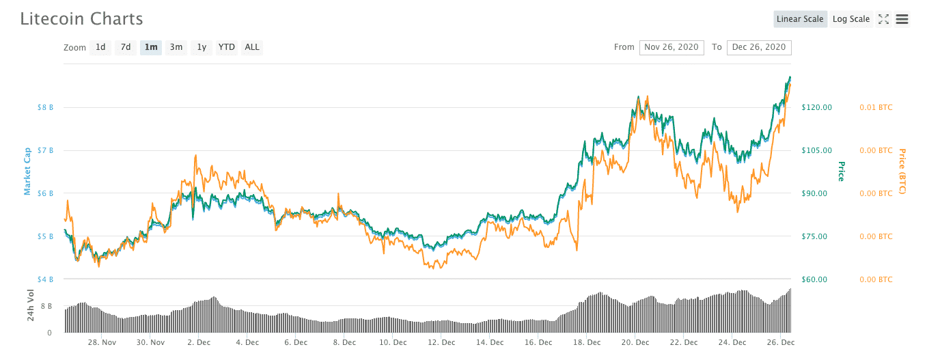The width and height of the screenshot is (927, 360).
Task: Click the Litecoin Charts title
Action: (x=82, y=19)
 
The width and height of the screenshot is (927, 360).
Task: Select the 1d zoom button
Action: (x=100, y=47)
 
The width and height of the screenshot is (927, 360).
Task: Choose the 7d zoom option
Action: (x=126, y=47)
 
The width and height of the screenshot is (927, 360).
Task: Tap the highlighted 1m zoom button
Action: (x=151, y=47)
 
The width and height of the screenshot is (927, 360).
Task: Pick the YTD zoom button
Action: (x=226, y=47)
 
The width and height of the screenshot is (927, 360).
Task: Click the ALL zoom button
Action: (x=252, y=47)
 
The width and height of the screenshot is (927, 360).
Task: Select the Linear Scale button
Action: (x=800, y=19)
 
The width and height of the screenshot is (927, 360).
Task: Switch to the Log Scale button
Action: (x=851, y=19)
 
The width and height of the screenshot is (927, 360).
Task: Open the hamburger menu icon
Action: (x=902, y=19)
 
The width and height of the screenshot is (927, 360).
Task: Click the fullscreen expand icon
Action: (x=883, y=19)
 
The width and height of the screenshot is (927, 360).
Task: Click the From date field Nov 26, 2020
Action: (x=672, y=47)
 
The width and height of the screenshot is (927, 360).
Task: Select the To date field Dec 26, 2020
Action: (x=759, y=47)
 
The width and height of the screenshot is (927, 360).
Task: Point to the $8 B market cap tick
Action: (x=46, y=107)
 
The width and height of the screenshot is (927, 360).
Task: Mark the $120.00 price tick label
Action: (x=816, y=107)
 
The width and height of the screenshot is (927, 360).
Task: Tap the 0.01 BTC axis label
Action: (x=876, y=107)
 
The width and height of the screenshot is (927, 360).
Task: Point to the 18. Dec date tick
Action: (x=587, y=342)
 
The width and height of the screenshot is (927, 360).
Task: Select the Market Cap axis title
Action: (x=28, y=171)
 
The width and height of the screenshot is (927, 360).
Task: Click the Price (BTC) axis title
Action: (x=902, y=171)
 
